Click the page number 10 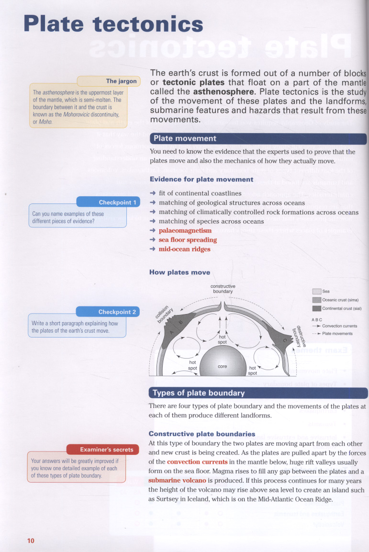[31, 541]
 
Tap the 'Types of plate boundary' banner [198, 393]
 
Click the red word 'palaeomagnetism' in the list [185, 231]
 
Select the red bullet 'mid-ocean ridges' [184, 249]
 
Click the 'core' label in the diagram [222, 366]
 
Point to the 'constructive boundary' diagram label [223, 289]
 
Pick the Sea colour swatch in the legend [316, 291]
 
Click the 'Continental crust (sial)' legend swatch [316, 308]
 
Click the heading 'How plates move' [179, 272]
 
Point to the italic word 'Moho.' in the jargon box [45, 121]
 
